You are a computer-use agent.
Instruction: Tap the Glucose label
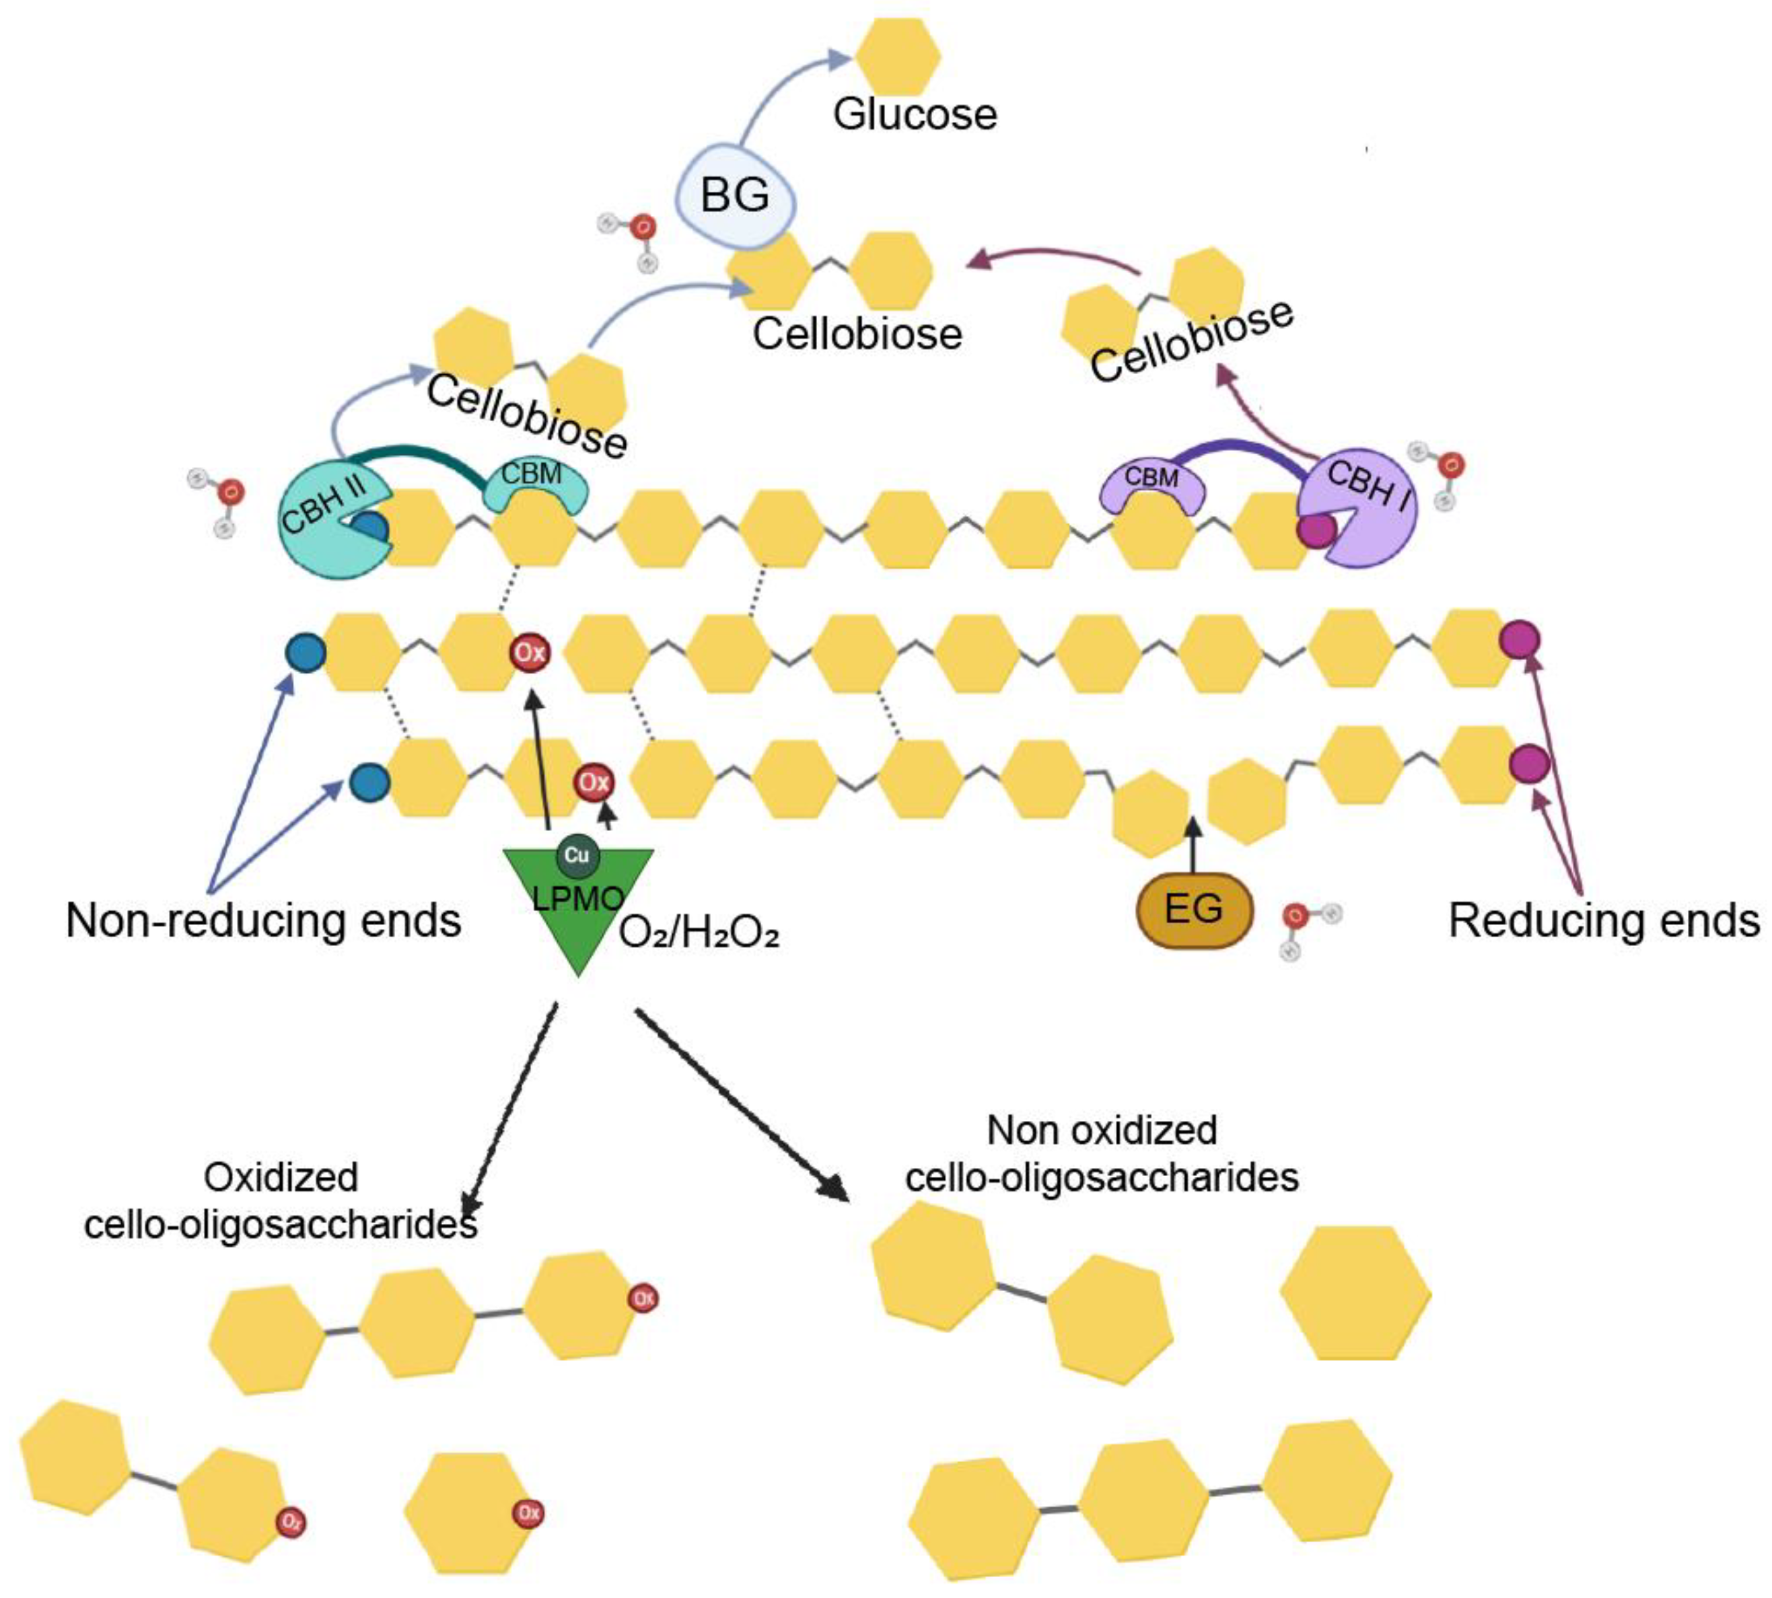click(x=914, y=115)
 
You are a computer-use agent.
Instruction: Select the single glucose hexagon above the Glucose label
click(x=896, y=57)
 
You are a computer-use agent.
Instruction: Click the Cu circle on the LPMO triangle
click(x=576, y=855)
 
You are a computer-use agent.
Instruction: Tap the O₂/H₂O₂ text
click(x=699, y=933)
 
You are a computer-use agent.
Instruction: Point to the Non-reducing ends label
click(x=263, y=921)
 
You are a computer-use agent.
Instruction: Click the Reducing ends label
click(x=1603, y=921)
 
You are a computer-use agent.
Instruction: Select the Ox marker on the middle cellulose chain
click(x=530, y=653)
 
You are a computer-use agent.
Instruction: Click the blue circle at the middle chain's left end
click(x=306, y=653)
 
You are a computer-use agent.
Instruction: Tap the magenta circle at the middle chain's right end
click(x=1519, y=640)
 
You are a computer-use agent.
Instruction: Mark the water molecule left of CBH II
click(x=219, y=501)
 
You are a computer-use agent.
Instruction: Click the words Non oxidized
click(x=1101, y=1130)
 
